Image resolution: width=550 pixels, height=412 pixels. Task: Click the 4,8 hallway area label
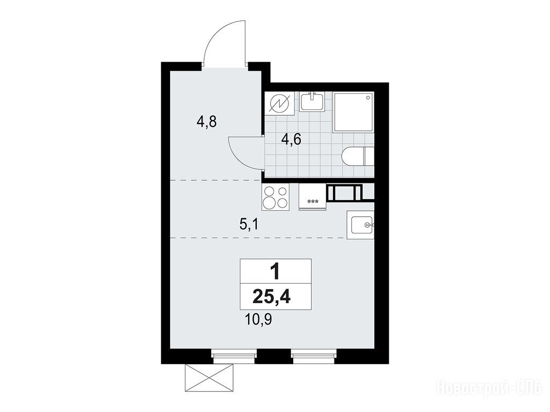pyautogui.click(x=206, y=122)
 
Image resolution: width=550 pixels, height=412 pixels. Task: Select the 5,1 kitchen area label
pyautogui.click(x=249, y=224)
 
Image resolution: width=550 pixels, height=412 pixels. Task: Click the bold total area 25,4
pyautogui.click(x=272, y=297)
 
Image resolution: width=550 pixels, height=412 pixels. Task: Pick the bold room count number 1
pyautogui.click(x=276, y=272)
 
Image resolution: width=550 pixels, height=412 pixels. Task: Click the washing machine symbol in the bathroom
pyautogui.click(x=280, y=104)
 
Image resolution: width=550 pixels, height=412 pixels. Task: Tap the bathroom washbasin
pyautogui.click(x=313, y=101)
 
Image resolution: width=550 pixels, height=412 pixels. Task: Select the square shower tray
pyautogui.click(x=353, y=112)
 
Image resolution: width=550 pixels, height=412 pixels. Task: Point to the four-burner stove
pyautogui.click(x=276, y=197)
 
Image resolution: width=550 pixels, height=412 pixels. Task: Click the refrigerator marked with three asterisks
pyautogui.click(x=313, y=197)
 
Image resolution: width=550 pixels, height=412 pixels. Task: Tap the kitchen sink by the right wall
pyautogui.click(x=360, y=225)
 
